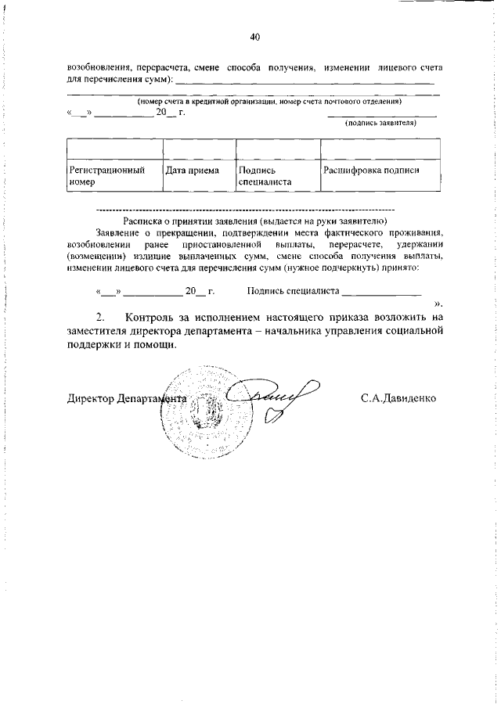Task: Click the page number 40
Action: pos(254,38)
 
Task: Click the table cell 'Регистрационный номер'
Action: pos(112,176)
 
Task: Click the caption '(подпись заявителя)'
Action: pos(380,123)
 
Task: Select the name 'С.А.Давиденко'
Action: pos(398,397)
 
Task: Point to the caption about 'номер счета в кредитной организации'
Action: pos(269,102)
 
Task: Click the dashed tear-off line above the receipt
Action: pos(243,210)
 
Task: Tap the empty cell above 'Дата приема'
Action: pos(199,149)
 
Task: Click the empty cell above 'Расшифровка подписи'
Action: pos(380,149)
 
